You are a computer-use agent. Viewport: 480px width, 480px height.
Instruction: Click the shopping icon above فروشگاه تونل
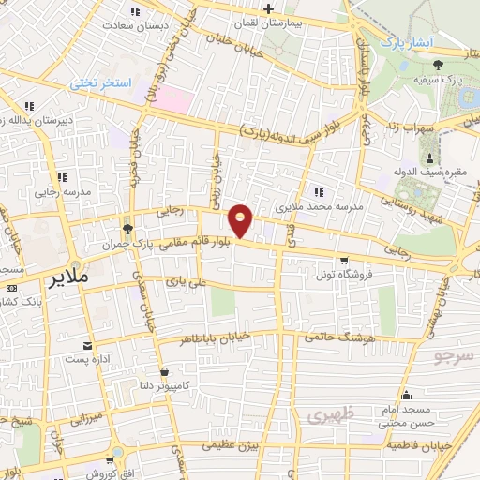click(x=343, y=261)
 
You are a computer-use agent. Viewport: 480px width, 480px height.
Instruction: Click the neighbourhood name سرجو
click(x=457, y=356)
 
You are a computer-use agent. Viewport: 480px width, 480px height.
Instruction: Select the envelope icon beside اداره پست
click(x=88, y=345)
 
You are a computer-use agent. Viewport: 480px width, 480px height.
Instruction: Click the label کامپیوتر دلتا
click(x=163, y=383)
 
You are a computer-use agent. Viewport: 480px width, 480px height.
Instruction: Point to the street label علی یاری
click(x=184, y=280)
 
